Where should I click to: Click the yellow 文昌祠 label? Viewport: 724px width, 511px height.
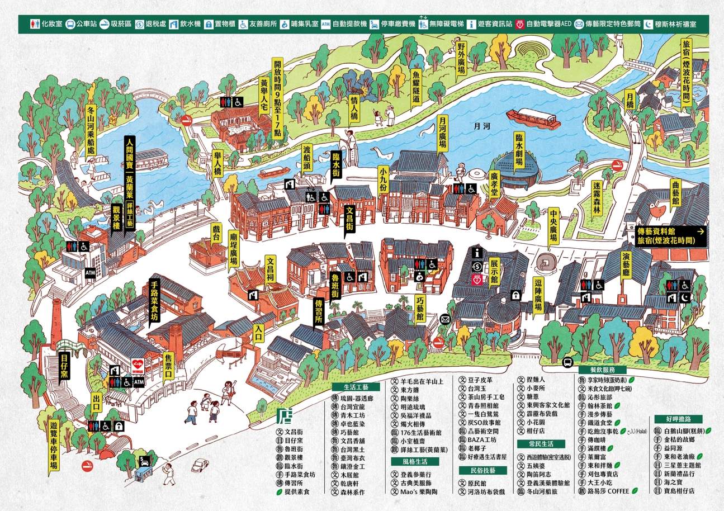click(x=271, y=270)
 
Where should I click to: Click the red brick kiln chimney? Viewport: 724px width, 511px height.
click(x=55, y=324)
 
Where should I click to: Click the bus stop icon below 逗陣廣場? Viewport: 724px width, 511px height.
click(x=567, y=362)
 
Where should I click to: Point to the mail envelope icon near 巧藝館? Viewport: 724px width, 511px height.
click(x=445, y=319)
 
